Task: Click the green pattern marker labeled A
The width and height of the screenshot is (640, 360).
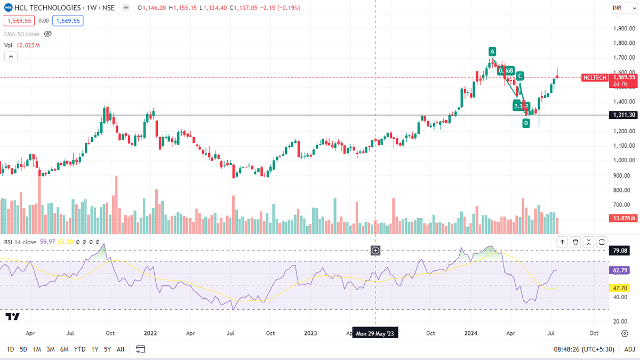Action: pos(492,52)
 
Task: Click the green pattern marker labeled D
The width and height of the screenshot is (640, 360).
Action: pos(526,123)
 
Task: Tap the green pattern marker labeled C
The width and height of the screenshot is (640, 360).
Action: pos(519,76)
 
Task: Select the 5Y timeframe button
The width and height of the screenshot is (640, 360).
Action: pos(108,349)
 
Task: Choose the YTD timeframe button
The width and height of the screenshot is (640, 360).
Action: pos(79,349)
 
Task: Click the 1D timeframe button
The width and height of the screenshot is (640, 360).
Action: pos(10,349)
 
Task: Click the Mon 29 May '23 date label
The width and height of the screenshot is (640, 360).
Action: pos(376,333)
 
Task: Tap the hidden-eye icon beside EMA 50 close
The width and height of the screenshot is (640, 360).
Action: pos(47,34)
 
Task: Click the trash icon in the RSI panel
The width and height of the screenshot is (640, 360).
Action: pos(575,242)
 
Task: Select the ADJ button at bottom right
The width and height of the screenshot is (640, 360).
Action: pos(629,349)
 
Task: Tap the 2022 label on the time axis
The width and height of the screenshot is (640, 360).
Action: pos(150,333)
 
